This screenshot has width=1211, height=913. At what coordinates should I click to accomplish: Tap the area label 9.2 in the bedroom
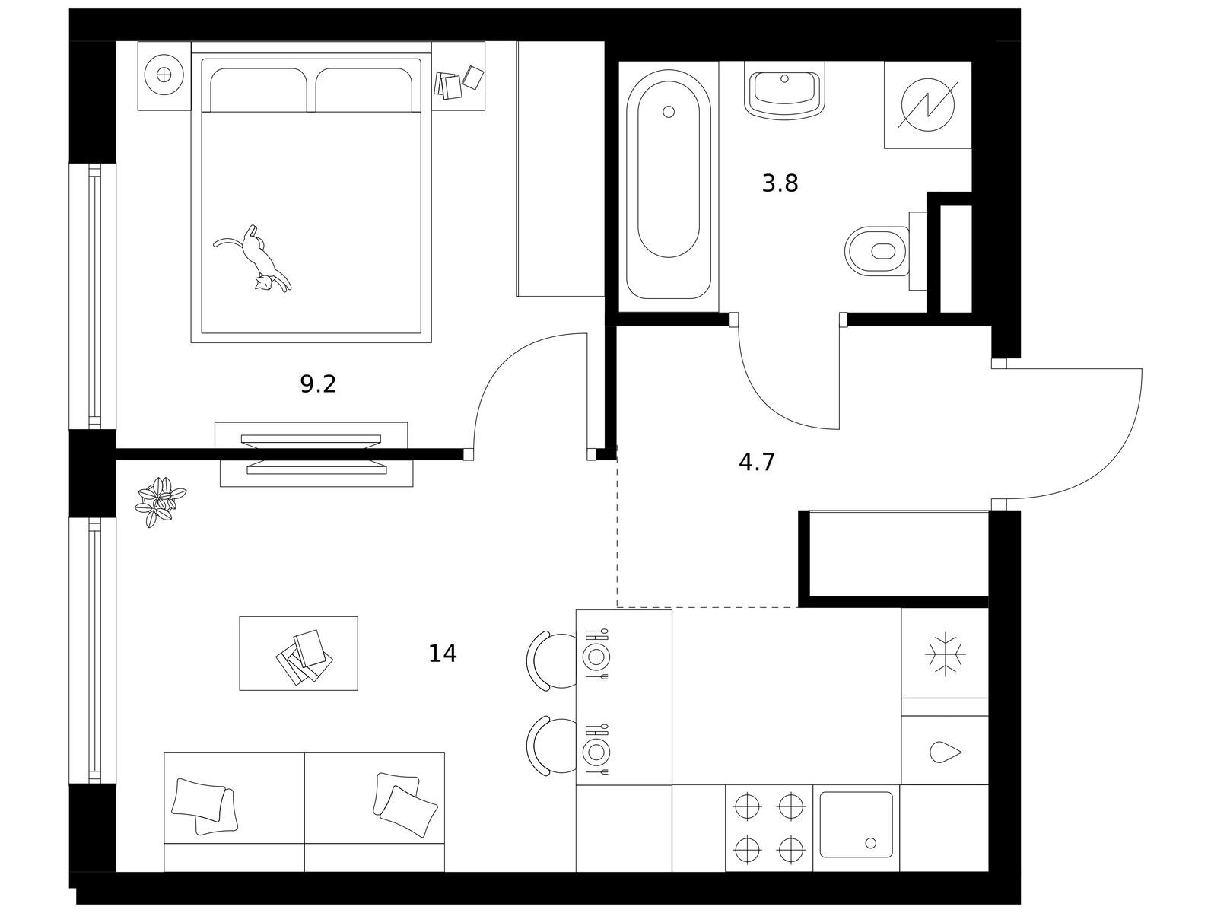pos(318,384)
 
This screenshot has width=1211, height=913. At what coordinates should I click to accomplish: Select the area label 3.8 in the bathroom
pos(780,183)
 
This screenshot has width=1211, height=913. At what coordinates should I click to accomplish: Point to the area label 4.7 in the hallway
pos(756,463)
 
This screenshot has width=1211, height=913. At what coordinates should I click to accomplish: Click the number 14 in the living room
pos(443,654)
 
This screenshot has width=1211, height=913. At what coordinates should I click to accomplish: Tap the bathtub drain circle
pos(668,112)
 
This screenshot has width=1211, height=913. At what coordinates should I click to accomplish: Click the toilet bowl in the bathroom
pos(876,251)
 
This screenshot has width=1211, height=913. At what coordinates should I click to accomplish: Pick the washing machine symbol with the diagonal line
pos(927,105)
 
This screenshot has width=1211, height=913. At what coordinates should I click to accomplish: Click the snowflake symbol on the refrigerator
pos(945,654)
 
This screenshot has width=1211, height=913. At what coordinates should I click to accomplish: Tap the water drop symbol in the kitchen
pos(945,752)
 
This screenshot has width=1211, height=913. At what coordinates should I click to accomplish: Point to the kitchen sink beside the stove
pos(856,825)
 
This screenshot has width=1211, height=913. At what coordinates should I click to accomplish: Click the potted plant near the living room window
pos(160,501)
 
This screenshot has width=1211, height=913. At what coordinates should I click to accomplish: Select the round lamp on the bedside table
pos(164,75)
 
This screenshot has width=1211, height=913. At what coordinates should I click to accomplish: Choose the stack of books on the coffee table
pos(304,657)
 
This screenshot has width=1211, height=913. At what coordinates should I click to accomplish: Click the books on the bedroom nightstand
pos(458,83)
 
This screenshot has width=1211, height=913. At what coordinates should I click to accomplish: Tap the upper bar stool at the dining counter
pos(551,660)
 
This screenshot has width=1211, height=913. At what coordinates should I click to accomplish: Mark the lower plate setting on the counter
pos(596,751)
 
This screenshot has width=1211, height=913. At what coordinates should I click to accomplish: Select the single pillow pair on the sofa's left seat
pos(204,806)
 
